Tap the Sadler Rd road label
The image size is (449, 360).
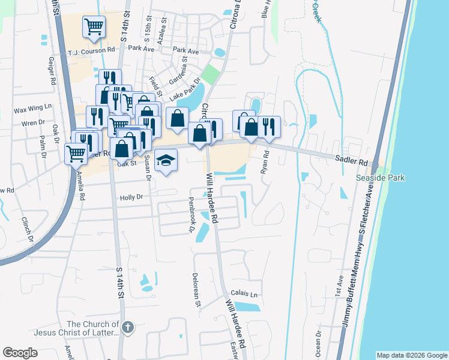(x=351, y=161)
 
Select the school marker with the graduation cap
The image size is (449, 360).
(x=166, y=161)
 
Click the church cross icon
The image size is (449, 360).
(x=127, y=327)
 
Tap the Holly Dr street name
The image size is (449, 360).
(x=131, y=197)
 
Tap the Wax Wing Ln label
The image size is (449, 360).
(x=33, y=110)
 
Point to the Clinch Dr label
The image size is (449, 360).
(x=28, y=229)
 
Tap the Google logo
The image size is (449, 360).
(x=20, y=353)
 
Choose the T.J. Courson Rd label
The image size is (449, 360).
(x=91, y=51)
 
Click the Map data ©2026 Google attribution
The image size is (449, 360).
(x=412, y=355)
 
